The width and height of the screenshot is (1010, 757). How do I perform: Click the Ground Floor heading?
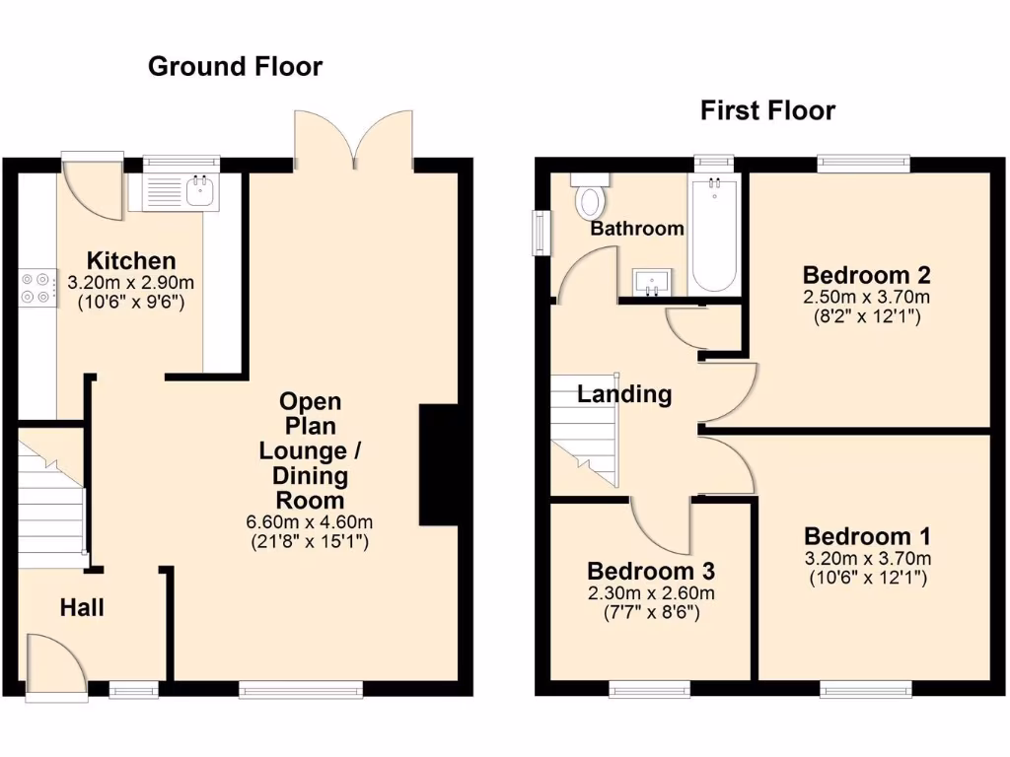click(x=235, y=67)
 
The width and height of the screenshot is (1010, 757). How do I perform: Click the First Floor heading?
click(x=767, y=110)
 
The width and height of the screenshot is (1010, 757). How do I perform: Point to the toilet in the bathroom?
click(x=591, y=198)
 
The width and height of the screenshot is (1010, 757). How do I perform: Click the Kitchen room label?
click(x=131, y=261)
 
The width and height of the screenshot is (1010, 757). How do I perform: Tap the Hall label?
click(x=82, y=608)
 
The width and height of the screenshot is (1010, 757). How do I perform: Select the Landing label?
click(x=624, y=395)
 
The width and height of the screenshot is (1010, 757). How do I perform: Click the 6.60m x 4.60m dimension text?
click(x=310, y=521)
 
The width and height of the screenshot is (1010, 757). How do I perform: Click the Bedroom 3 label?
click(x=650, y=571)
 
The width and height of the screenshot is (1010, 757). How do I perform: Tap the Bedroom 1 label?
click(x=867, y=537)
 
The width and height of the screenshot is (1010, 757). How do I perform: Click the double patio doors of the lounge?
click(x=355, y=138)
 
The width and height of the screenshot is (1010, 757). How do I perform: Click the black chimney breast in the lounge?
click(x=438, y=464)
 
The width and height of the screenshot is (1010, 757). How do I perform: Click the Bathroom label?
click(x=636, y=229)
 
